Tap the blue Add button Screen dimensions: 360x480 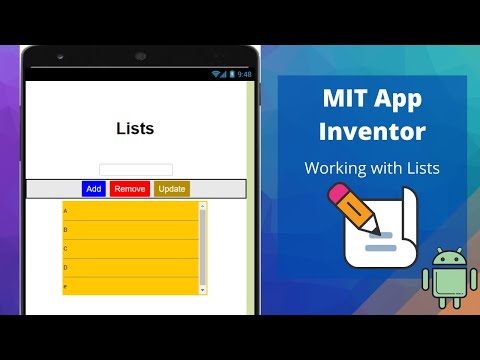click(93, 188)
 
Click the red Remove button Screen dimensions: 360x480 click(129, 188)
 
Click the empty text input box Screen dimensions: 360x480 click(136, 170)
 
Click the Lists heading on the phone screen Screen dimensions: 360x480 click(135, 128)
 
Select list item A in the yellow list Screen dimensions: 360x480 click(130, 211)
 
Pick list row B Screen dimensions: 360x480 click(130, 230)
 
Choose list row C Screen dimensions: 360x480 click(130, 249)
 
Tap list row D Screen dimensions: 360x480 click(130, 268)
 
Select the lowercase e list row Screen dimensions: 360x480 click(130, 287)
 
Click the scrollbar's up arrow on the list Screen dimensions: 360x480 click(203, 206)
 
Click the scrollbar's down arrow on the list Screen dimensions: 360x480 click(203, 290)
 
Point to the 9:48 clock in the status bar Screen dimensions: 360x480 click(245, 74)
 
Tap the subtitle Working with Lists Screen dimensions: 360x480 click(372, 167)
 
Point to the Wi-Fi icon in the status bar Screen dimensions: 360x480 click(215, 74)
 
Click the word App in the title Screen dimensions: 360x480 click(398, 99)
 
